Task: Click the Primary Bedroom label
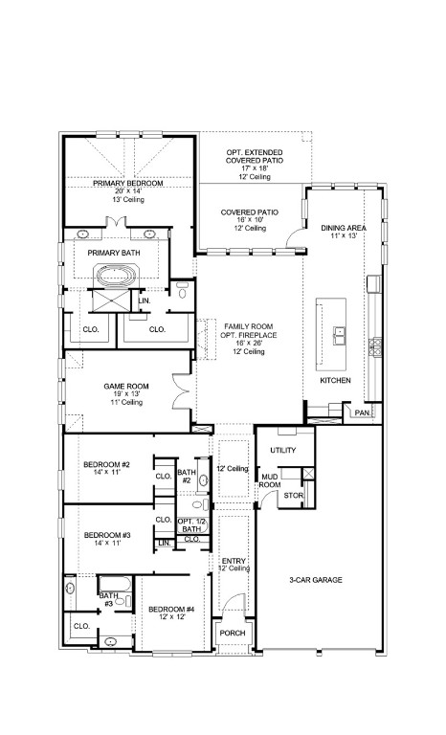[127, 182]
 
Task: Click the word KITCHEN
[335, 381]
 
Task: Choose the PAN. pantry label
[362, 412]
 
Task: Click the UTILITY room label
[282, 450]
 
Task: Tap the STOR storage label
[294, 496]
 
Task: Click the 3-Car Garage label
[316, 580]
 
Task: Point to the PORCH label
[233, 633]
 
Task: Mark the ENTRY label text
[233, 561]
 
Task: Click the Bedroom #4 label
[171, 610]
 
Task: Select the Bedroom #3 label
[106, 534]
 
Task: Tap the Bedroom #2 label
[106, 465]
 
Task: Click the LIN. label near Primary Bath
[145, 301]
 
